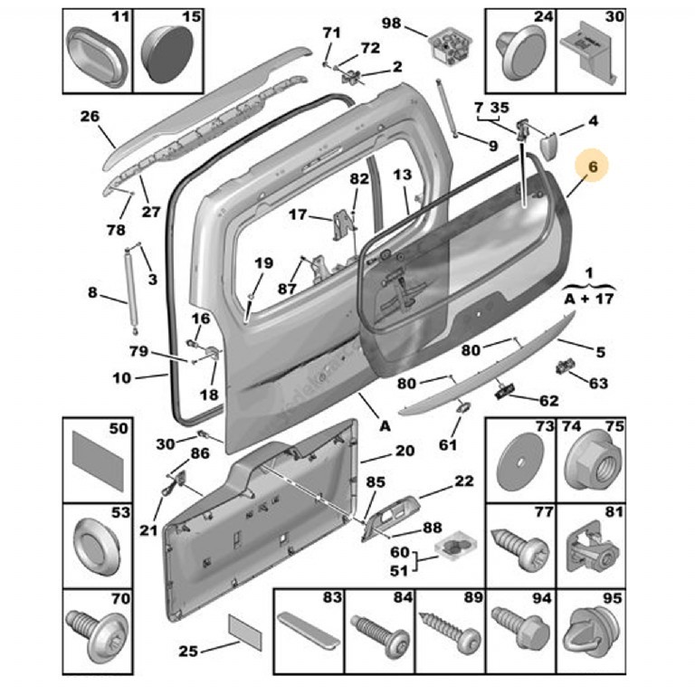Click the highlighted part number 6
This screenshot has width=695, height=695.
coord(593,168)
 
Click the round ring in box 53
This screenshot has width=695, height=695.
coord(94,545)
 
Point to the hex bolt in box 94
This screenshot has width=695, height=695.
coord(519,629)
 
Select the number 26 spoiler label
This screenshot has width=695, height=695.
coord(90,116)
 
